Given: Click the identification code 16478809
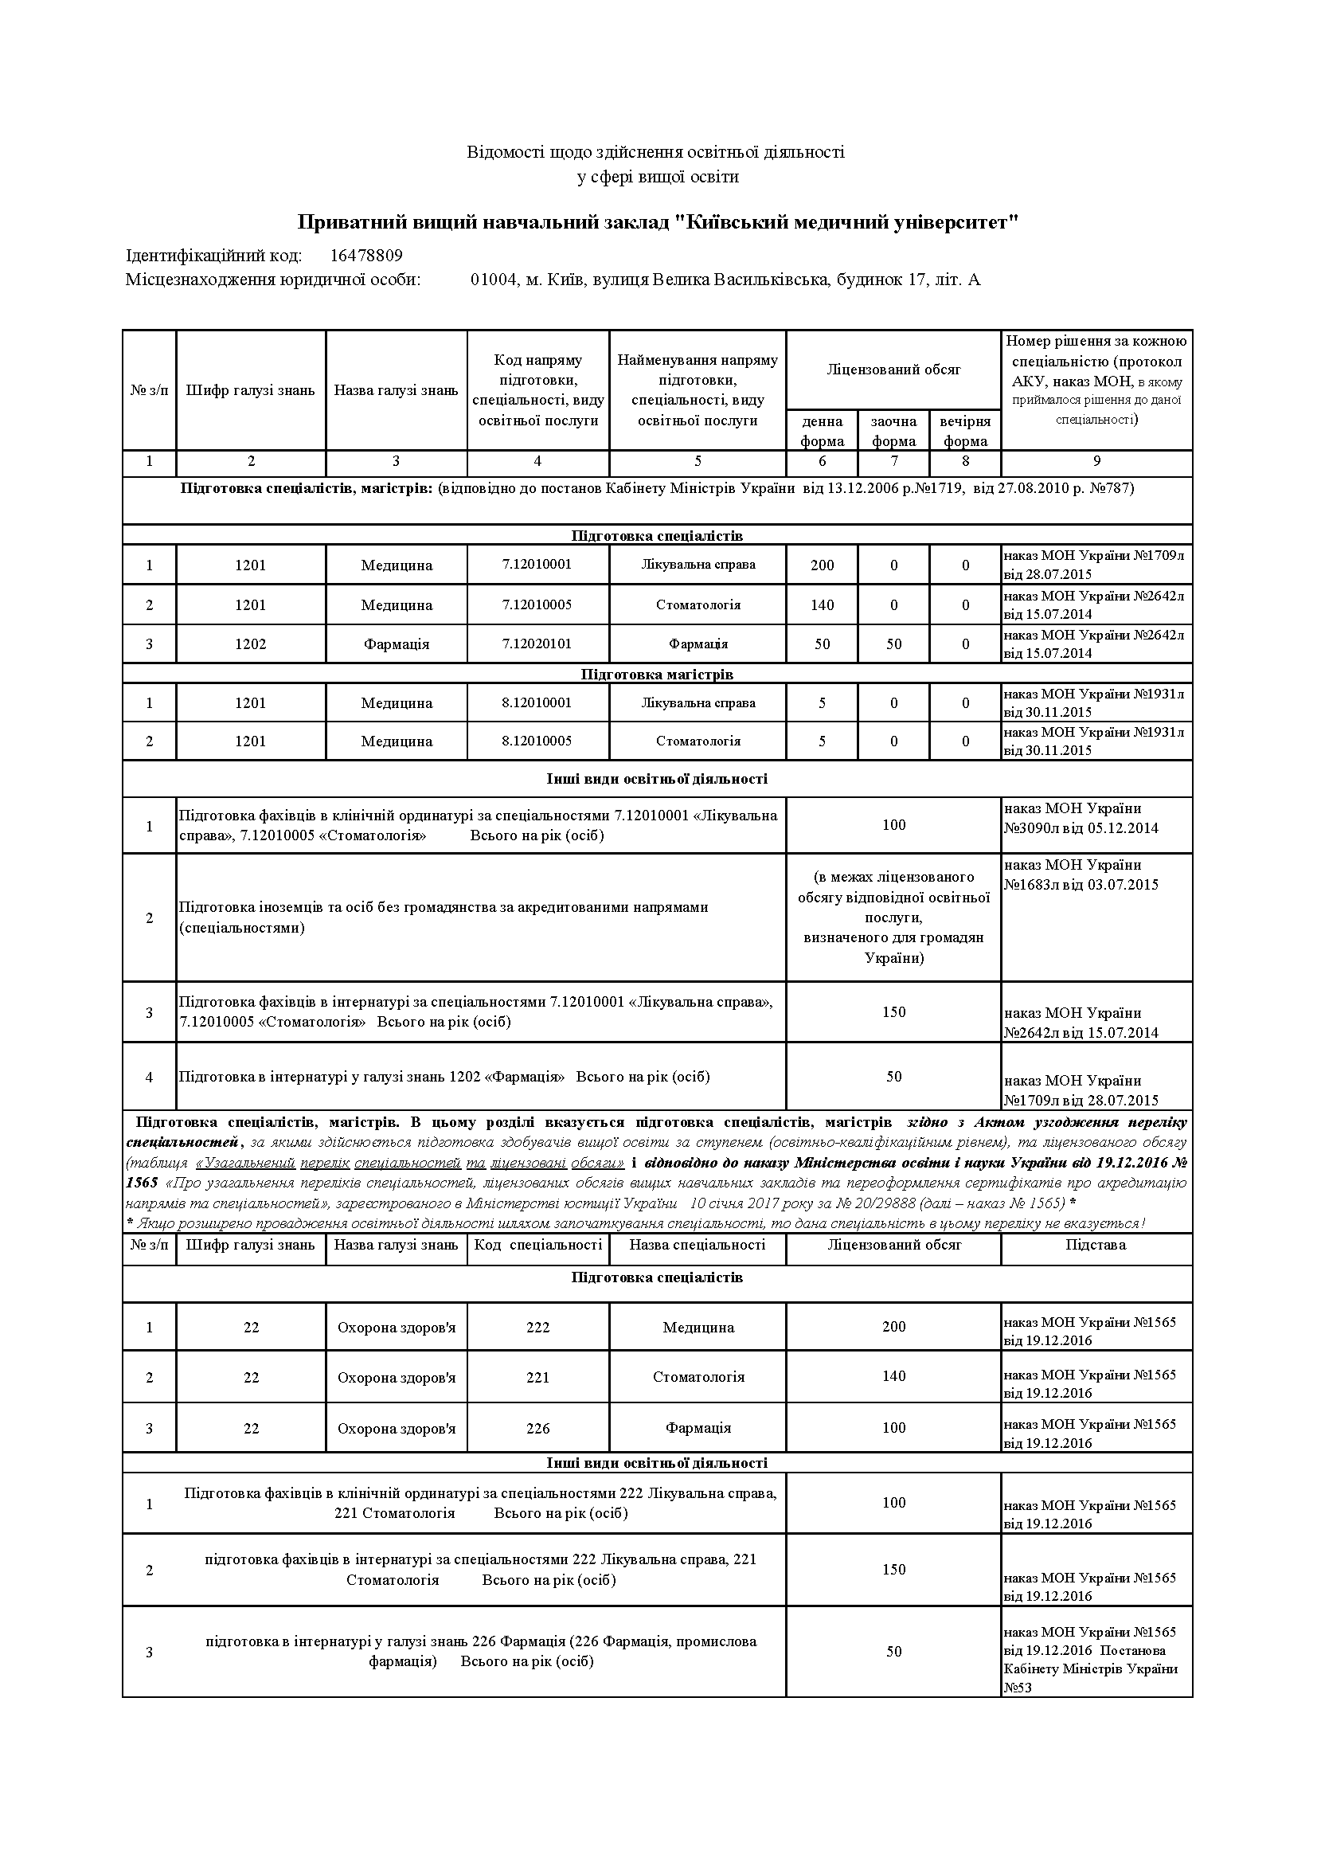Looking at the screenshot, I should pyautogui.click(x=365, y=256).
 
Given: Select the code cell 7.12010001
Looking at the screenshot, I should pyautogui.click(x=537, y=565).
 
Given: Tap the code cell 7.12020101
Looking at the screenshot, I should pyautogui.click(x=537, y=644).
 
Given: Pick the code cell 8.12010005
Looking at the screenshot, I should pyautogui.click(x=537, y=741).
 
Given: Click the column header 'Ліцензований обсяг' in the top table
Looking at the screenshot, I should pyautogui.click(x=893, y=370).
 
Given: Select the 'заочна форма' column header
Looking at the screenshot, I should pyautogui.click(x=893, y=431).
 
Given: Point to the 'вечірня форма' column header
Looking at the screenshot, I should pyautogui.click(x=965, y=431).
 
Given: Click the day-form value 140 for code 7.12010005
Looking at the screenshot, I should pyautogui.click(x=822, y=605).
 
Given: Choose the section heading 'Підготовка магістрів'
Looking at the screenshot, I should pyautogui.click(x=657, y=674).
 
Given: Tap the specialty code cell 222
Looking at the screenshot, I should pyautogui.click(x=537, y=1328).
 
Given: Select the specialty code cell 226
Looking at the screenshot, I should pyautogui.click(x=537, y=1428).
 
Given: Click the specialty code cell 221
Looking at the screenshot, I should pyautogui.click(x=537, y=1377).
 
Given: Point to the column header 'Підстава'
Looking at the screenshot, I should pyautogui.click(x=1096, y=1245).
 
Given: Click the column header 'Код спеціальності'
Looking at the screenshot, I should pyautogui.click(x=537, y=1245).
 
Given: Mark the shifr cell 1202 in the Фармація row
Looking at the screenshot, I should pyautogui.click(x=251, y=644).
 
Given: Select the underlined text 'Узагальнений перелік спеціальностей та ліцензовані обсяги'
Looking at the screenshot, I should pyautogui.click(x=409, y=1163).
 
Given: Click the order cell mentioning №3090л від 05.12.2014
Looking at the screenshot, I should pyautogui.click(x=1081, y=818).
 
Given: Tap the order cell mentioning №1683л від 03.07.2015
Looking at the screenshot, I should pyautogui.click(x=1081, y=875).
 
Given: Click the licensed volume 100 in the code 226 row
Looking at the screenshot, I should pyautogui.click(x=893, y=1427).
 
